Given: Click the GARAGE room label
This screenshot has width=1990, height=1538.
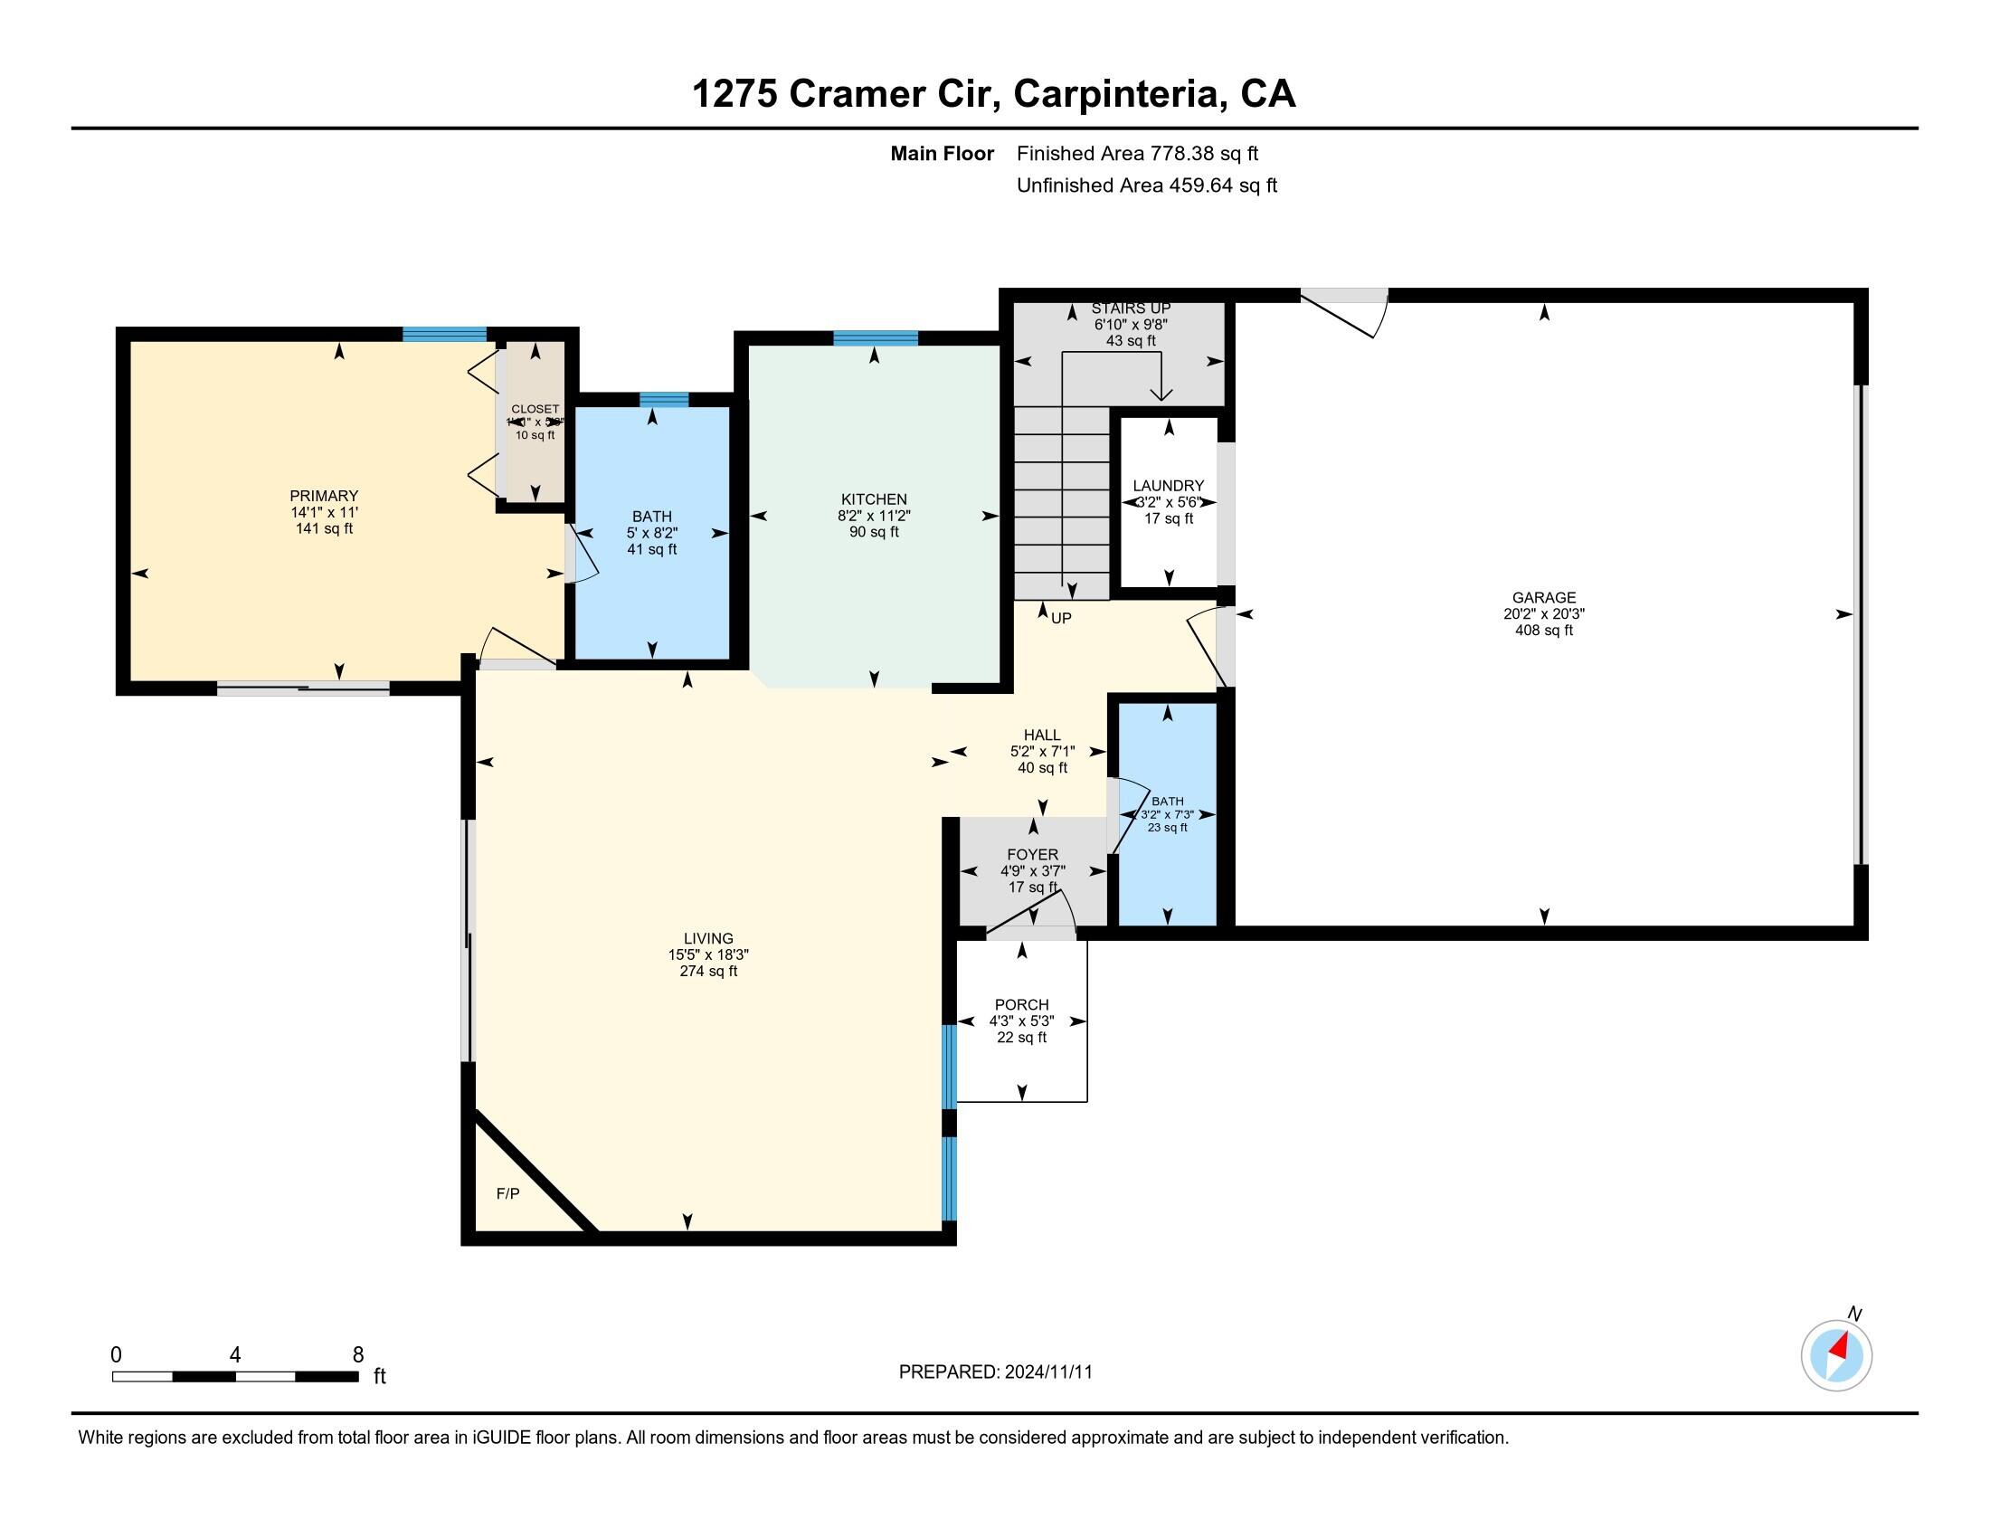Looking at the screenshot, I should (1543, 597).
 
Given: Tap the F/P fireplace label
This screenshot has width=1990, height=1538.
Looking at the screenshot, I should (507, 1193).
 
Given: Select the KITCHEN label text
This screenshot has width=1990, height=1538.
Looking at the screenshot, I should (874, 499).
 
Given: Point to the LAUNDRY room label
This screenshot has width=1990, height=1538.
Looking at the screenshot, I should (1168, 486).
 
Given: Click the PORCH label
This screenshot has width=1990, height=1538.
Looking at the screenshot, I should (1021, 1004).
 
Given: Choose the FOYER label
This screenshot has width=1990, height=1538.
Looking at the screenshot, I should (1032, 855).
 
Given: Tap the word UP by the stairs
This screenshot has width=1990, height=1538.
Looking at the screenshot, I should (1062, 618).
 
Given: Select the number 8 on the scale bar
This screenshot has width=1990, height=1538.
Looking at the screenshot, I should (358, 1354).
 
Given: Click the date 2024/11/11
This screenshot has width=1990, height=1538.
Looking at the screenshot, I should (1047, 1372).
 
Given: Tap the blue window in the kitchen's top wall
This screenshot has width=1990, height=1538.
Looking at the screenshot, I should (875, 338).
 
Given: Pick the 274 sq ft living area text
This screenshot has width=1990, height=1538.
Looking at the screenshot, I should (708, 972).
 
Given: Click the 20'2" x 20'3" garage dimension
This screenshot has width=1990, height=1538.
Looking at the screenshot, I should (1543, 614).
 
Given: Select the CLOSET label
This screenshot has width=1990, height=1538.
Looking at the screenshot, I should (535, 409).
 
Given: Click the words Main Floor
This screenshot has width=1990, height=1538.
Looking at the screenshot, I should (942, 154).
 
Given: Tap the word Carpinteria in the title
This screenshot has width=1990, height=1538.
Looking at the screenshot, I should (1119, 94).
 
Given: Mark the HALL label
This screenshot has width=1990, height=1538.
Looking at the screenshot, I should (1041, 735).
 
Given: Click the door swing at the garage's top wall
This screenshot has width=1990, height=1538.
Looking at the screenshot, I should (1347, 314).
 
